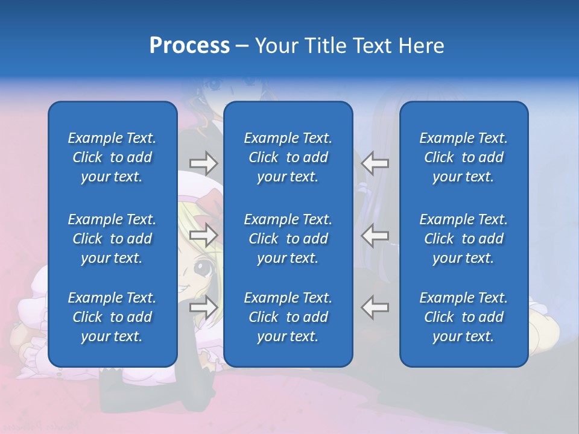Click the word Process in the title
(189, 46)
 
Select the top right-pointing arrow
(203, 163)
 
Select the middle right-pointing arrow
(203, 236)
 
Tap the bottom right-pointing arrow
(203, 307)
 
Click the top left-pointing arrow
(375, 163)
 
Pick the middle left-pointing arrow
(375, 236)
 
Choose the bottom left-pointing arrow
(375, 307)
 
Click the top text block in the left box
(112, 157)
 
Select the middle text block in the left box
(112, 239)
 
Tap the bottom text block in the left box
(112, 317)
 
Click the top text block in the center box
(288, 157)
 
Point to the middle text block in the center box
(288, 239)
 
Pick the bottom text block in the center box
(288, 317)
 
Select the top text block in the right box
(463, 157)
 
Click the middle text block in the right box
(463, 239)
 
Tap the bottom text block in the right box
(463, 317)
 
